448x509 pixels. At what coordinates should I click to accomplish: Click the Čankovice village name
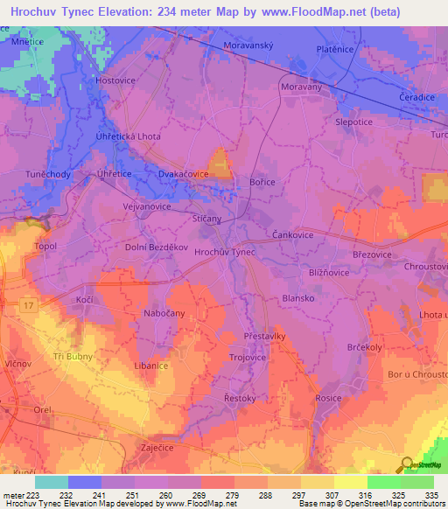(x=290, y=234)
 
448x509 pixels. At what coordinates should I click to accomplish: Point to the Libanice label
(x=150, y=366)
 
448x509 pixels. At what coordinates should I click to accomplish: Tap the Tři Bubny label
(x=73, y=356)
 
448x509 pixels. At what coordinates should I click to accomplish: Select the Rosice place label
(x=329, y=398)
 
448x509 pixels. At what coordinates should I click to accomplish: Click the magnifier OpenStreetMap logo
(x=405, y=464)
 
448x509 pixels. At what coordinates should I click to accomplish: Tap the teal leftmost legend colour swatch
(x=51, y=482)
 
